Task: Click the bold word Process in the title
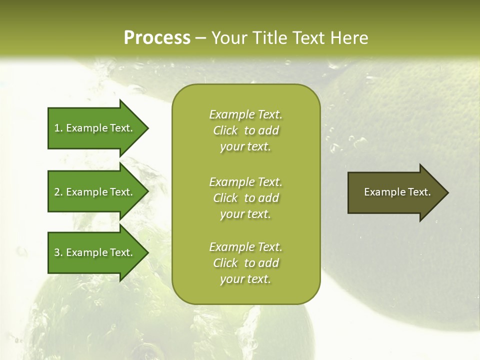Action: click(x=157, y=38)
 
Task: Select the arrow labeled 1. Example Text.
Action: click(x=95, y=128)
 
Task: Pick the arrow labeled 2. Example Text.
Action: click(x=95, y=192)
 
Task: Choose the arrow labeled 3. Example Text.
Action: click(x=95, y=252)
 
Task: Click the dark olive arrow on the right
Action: click(x=395, y=192)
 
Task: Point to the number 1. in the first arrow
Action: click(x=58, y=128)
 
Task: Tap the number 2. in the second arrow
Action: click(x=58, y=192)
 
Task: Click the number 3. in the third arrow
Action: click(x=58, y=252)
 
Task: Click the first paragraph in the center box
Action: click(x=246, y=130)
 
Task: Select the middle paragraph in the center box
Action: click(x=246, y=197)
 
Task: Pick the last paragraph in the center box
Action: click(x=246, y=263)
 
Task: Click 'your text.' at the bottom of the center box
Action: click(x=245, y=279)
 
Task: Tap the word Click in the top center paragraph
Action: click(x=225, y=130)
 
